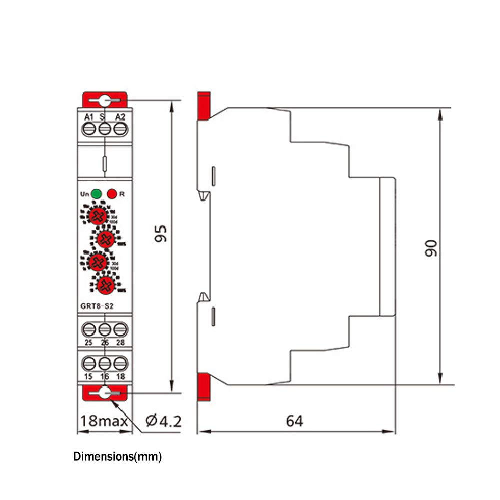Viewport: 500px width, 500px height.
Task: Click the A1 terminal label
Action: point(89,117)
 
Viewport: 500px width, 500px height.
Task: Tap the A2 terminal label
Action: point(120,117)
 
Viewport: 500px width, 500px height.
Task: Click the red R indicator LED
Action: point(111,193)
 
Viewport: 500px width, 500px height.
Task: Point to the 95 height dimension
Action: point(160,233)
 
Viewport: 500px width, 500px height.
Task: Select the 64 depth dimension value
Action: point(294,421)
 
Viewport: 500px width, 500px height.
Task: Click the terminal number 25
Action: point(89,343)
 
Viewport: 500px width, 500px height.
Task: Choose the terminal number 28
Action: point(120,343)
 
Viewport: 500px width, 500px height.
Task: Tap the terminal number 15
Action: point(89,376)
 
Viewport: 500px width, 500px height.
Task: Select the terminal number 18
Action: point(120,376)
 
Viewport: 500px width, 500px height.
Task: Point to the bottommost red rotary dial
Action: point(105,285)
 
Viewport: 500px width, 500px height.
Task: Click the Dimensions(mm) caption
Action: point(118,457)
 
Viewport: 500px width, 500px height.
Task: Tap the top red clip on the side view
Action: point(203,106)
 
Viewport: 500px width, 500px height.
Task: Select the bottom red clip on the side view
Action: point(203,388)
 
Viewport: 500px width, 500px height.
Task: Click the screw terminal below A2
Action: point(120,129)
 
